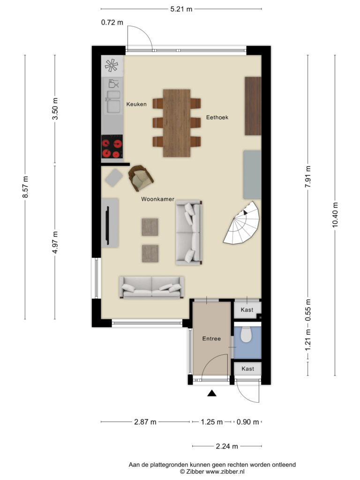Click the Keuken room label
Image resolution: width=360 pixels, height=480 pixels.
coord(136,104)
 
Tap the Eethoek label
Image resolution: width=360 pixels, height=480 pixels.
coord(217,117)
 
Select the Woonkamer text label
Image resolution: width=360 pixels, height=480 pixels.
coord(157,199)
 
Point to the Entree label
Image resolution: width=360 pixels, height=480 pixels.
coord(211,338)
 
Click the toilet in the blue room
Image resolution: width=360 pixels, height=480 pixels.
coord(246,334)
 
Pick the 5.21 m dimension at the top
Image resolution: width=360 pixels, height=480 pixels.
coord(181,9)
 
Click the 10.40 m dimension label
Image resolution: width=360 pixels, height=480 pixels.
coord(335,215)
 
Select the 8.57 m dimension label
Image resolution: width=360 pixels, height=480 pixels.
coord(25,187)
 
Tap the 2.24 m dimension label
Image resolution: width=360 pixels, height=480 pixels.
coord(227,446)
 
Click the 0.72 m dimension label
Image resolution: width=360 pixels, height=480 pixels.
coord(112,22)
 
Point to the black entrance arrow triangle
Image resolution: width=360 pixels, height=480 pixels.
coord(212,393)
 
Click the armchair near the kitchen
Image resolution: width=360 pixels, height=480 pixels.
coord(141,178)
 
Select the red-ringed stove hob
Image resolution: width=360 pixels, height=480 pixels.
coord(112,146)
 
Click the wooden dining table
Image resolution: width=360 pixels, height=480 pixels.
coord(177,123)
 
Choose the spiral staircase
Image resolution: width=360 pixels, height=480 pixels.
coord(242,223)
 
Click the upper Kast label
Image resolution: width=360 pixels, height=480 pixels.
coord(247,310)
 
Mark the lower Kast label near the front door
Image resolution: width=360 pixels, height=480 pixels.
coord(247,368)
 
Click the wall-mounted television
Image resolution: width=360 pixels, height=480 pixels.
coord(107,224)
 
